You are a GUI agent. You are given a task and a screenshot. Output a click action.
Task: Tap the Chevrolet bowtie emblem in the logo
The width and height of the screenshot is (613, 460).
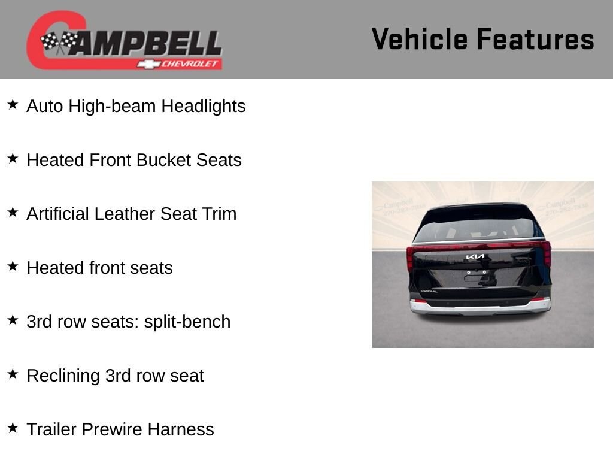pos(148,64)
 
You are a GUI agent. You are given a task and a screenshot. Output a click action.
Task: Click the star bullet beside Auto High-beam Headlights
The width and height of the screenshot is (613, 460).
pos(13,104)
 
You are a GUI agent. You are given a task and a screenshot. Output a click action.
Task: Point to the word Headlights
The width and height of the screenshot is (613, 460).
pos(204,107)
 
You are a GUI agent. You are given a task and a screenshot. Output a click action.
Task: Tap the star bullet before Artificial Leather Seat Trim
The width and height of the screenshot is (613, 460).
pos(13,213)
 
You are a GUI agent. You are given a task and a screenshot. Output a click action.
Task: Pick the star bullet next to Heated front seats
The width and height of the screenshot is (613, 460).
pos(13,267)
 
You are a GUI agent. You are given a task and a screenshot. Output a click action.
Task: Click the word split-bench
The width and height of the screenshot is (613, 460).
pos(187,322)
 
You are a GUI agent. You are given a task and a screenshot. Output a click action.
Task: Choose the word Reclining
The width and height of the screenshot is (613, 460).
pos(63,376)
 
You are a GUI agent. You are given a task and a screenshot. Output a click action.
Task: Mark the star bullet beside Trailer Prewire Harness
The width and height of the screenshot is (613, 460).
pos(13,428)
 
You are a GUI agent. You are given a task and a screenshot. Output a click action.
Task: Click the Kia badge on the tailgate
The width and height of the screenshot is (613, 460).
pos(475,257)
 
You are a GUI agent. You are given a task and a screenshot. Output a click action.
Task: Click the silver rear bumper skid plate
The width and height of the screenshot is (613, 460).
pos(481,308)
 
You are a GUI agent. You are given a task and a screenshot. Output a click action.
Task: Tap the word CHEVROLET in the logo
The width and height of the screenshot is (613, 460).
pos(189,64)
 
